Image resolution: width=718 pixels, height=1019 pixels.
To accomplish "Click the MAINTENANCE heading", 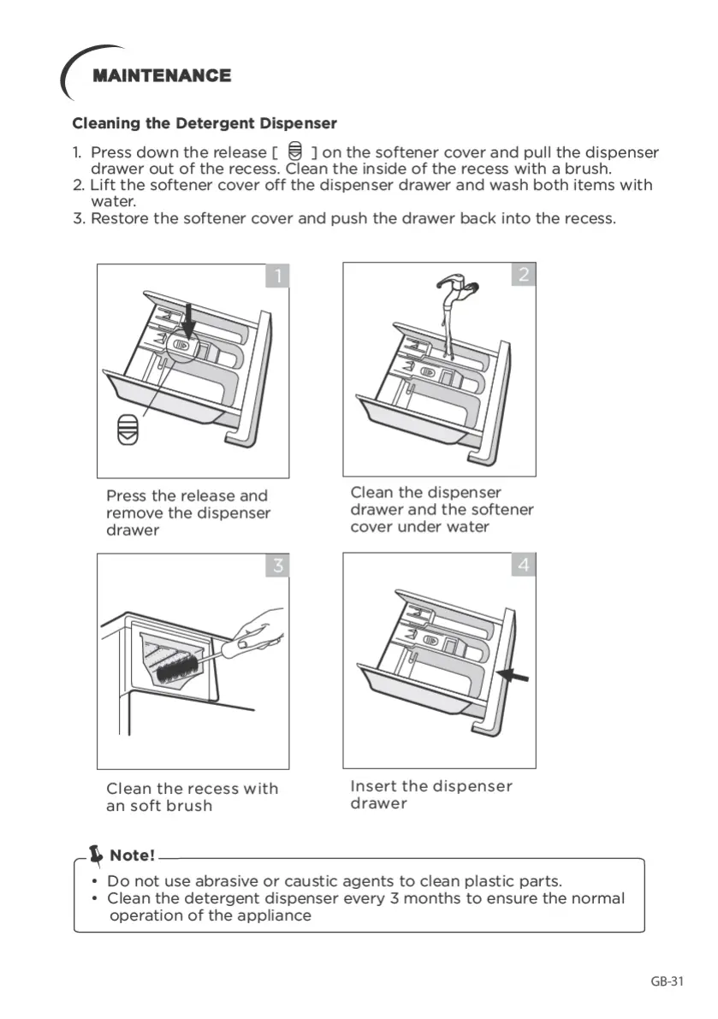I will tap(162, 76).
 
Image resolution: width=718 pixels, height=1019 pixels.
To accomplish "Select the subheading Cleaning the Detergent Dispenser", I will tap(205, 124).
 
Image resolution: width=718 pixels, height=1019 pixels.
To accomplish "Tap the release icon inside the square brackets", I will tap(295, 151).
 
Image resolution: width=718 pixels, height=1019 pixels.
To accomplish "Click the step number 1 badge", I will tap(276, 275).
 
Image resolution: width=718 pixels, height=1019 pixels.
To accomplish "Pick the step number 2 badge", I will tap(524, 274).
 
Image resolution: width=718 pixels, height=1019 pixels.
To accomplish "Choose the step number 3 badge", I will tap(276, 566).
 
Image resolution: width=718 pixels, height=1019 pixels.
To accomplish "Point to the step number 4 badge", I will tap(524, 565).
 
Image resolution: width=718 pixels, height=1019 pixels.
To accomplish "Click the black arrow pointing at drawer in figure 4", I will tap(513, 677).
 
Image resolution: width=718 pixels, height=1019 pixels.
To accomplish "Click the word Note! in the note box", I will tap(133, 856).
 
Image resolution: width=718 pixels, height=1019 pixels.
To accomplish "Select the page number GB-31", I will tap(667, 981).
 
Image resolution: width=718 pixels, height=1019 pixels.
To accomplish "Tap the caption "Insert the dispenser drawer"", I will tap(431, 795).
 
